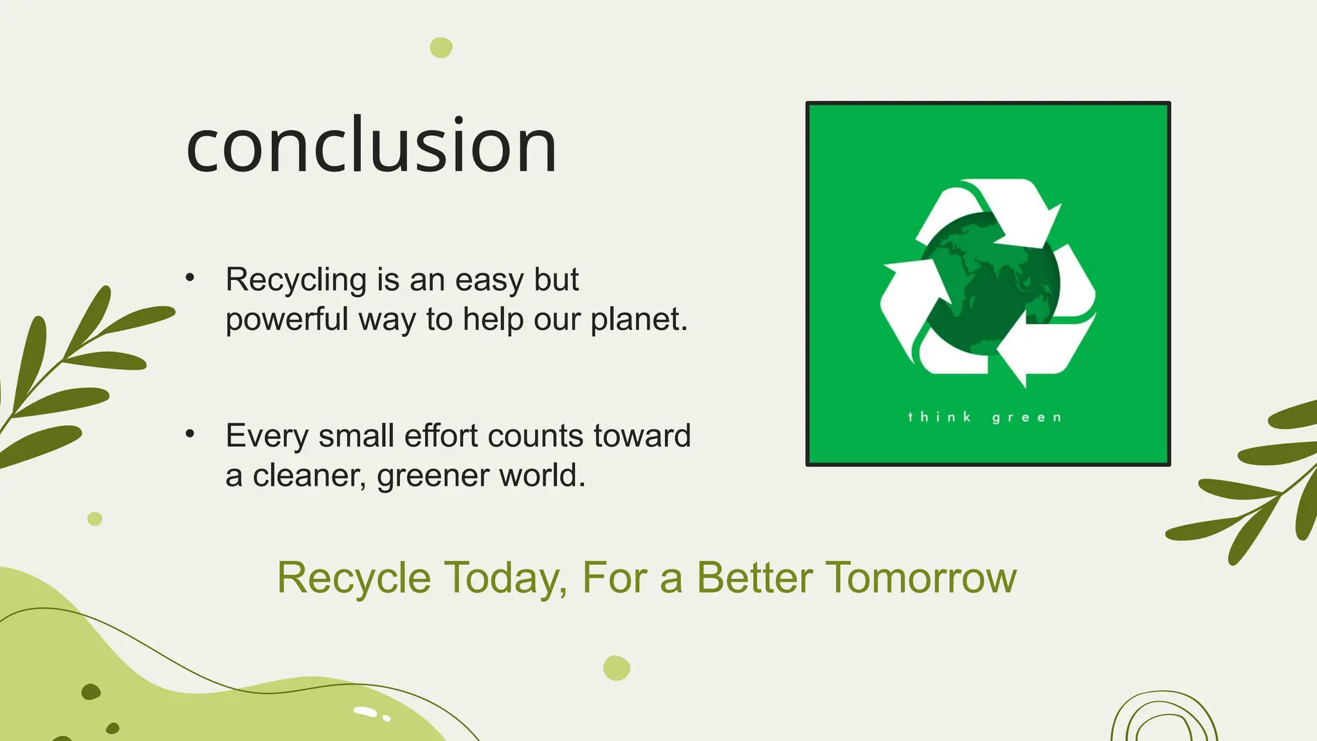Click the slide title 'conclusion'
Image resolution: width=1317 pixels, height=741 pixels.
pyautogui.click(x=371, y=145)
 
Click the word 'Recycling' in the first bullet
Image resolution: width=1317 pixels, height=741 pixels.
pyautogui.click(x=296, y=280)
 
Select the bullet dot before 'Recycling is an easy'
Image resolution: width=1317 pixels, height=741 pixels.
pyautogui.click(x=190, y=278)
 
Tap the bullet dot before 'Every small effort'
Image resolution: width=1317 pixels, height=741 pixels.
pyautogui.click(x=190, y=434)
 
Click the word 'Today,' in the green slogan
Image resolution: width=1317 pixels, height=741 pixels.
pyautogui.click(x=505, y=578)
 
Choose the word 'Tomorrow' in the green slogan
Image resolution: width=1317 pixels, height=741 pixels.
pyautogui.click(x=921, y=578)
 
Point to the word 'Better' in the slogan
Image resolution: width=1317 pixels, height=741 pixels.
pyautogui.click(x=755, y=578)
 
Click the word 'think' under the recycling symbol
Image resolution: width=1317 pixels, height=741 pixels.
pyautogui.click(x=939, y=417)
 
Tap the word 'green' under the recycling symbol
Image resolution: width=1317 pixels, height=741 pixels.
pyautogui.click(x=1026, y=418)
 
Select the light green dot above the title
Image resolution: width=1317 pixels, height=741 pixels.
pyautogui.click(x=441, y=48)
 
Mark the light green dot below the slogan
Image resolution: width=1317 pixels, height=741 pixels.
pyautogui.click(x=617, y=668)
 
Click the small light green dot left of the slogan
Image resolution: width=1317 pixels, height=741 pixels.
pyautogui.click(x=95, y=518)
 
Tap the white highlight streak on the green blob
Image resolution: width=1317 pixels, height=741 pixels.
pyautogui.click(x=365, y=711)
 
